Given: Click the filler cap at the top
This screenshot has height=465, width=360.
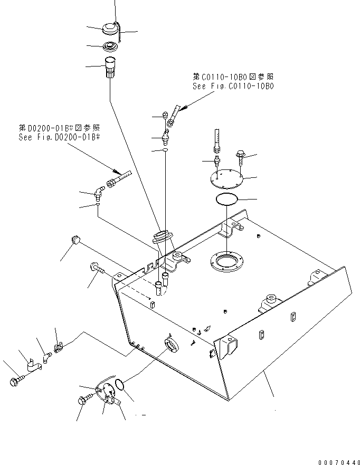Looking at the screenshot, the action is pyautogui.click(x=110, y=29).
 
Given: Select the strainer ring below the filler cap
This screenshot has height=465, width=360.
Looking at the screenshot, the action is pyautogui.click(x=110, y=46).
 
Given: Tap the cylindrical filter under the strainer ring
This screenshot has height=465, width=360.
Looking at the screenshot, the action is pyautogui.click(x=111, y=68).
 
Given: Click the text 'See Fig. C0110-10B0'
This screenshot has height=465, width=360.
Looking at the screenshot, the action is pyautogui.click(x=233, y=87).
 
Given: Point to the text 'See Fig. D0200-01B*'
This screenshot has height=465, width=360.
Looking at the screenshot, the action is pyautogui.click(x=59, y=137).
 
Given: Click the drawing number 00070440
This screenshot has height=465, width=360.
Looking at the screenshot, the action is pyautogui.click(x=339, y=462).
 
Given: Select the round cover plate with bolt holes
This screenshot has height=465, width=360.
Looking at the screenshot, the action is pyautogui.click(x=226, y=179).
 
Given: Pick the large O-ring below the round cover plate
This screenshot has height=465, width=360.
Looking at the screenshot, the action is pyautogui.click(x=226, y=198).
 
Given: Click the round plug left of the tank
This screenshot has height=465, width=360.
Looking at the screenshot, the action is pyautogui.click(x=75, y=239).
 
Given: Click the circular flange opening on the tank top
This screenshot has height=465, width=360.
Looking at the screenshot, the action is pyautogui.click(x=226, y=261).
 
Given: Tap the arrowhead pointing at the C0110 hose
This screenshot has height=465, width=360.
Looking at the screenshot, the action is pyautogui.click(x=184, y=108).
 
